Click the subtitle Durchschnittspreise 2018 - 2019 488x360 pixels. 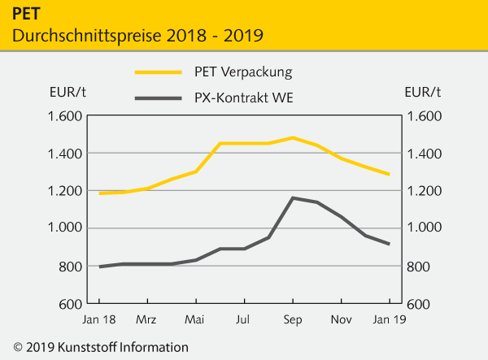(x=137, y=36)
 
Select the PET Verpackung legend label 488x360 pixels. (x=245, y=72)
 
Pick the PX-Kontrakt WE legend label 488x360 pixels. (x=245, y=99)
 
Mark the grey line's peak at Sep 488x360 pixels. (x=293, y=197)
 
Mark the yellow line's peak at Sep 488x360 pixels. (x=293, y=137)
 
